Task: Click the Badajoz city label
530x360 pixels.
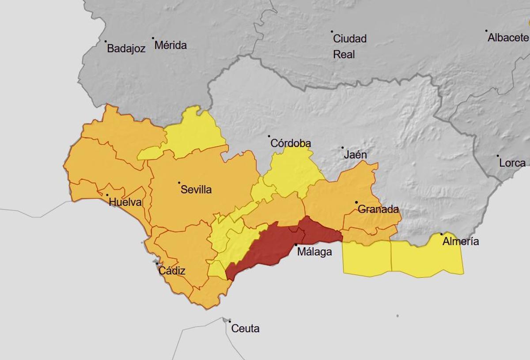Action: (x=126, y=49)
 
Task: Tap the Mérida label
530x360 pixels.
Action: (x=170, y=45)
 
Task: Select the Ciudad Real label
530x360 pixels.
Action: (x=349, y=46)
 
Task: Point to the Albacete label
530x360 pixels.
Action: (x=507, y=38)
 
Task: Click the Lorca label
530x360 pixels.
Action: (x=512, y=163)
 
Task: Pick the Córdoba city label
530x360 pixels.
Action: (x=290, y=144)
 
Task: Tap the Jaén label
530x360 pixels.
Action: (x=356, y=155)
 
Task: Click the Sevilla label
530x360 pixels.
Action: (x=196, y=190)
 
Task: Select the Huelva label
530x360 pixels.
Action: (x=125, y=203)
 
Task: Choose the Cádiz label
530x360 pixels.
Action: (x=172, y=271)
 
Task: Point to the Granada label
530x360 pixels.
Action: (x=378, y=209)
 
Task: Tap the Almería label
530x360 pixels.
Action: (x=461, y=242)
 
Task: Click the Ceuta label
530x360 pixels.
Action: (x=245, y=329)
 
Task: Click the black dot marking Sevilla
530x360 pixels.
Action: (x=179, y=182)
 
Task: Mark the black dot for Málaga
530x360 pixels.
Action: (x=296, y=245)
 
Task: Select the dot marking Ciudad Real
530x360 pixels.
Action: (x=332, y=31)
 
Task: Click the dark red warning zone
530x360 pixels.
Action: (x=274, y=245)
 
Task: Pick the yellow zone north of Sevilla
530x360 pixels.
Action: (x=194, y=133)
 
